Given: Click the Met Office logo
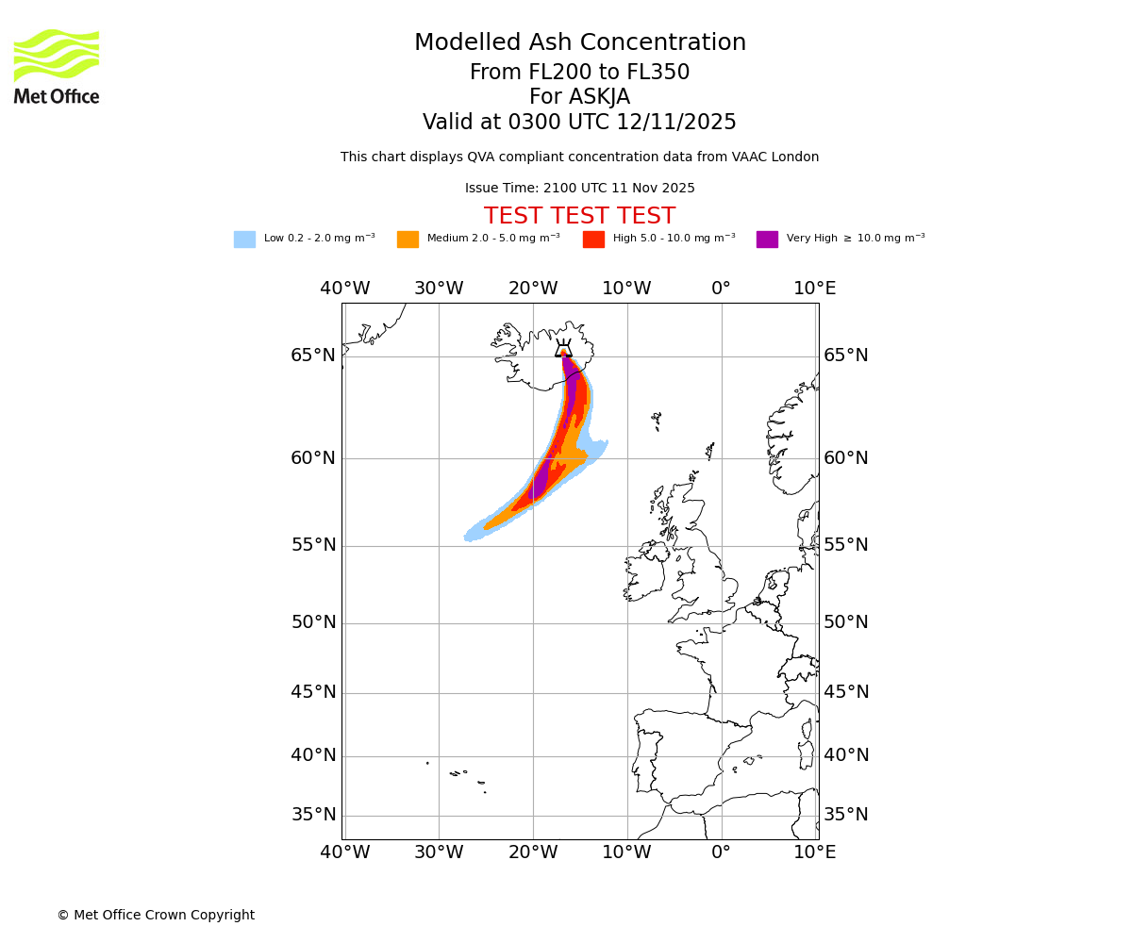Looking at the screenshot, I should tap(57, 66).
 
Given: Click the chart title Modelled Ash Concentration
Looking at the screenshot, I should tap(580, 43).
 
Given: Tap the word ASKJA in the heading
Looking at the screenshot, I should tap(604, 97).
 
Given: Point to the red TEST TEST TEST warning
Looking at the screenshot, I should tap(579, 217).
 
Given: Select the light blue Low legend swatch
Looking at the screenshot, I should tap(244, 240).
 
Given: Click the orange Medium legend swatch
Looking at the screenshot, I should tap(408, 240).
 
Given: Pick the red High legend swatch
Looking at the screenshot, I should tap(593, 240).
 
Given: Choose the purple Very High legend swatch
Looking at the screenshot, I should tap(767, 240).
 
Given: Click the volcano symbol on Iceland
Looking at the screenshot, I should tap(563, 349).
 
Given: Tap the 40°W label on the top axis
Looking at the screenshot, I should tap(344, 289).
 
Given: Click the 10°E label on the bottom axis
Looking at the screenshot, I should tap(814, 852).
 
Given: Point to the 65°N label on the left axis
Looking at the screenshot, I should tap(313, 356).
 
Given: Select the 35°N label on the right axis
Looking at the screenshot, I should tap(846, 815).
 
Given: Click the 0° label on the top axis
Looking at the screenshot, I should tap(721, 289).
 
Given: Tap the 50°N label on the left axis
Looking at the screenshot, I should tap(313, 622).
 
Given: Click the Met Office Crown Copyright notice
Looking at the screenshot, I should tap(156, 916).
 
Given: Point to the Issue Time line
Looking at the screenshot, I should tap(579, 189).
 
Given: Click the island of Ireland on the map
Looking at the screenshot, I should tap(644, 575).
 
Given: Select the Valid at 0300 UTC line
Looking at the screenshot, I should tap(579, 123).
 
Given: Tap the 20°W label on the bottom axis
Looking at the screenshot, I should tap(533, 852).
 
